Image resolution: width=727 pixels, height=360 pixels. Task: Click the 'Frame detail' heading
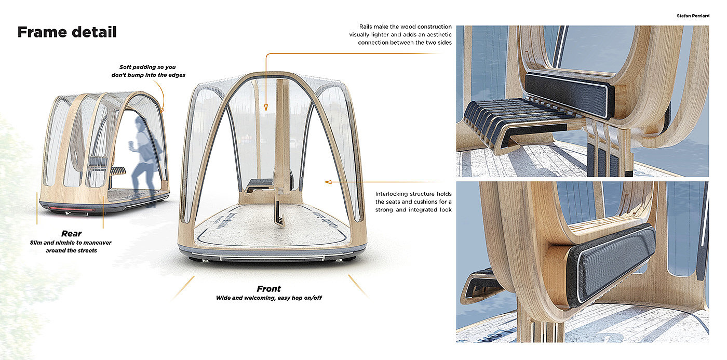click(67, 32)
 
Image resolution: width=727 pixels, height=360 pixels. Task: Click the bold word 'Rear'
click(71, 234)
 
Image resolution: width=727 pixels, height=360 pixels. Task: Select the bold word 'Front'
click(268, 289)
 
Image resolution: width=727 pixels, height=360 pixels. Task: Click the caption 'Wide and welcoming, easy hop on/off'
click(268, 298)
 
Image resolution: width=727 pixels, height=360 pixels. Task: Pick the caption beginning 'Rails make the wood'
click(405, 34)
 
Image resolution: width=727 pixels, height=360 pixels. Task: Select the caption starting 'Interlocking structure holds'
click(413, 202)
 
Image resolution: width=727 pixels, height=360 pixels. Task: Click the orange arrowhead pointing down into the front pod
click(266, 108)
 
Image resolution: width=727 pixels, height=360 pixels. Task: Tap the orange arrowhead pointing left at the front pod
click(327, 182)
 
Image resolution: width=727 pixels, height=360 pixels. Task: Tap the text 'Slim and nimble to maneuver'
click(71, 243)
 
